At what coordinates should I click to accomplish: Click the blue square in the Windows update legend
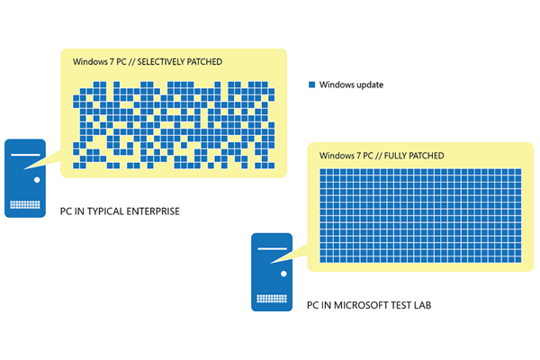pyautogui.click(x=312, y=85)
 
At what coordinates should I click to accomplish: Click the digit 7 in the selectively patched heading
pyautogui.click(x=112, y=62)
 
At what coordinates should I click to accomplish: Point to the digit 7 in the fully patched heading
pyautogui.click(x=358, y=156)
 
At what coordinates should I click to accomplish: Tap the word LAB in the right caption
pyautogui.click(x=422, y=305)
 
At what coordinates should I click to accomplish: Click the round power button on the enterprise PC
pyautogui.click(x=37, y=179)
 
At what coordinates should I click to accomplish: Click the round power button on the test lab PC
pyautogui.click(x=283, y=274)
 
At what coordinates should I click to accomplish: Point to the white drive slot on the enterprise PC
pyautogui.click(x=25, y=155)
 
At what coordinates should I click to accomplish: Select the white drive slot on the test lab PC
pyautogui.click(x=272, y=248)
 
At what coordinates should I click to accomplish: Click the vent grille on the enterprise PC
pyautogui.click(x=25, y=204)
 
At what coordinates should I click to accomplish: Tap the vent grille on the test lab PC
pyautogui.click(x=272, y=298)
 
